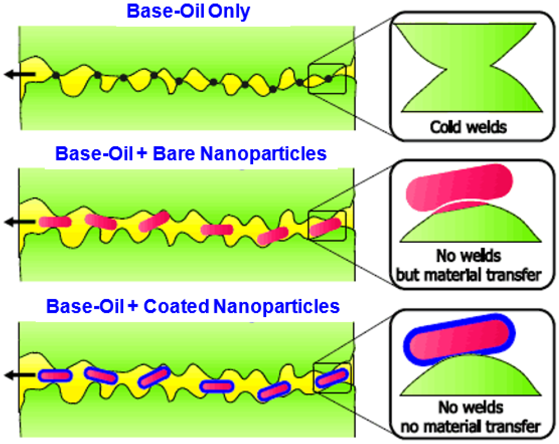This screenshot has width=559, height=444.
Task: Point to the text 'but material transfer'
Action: point(469,275)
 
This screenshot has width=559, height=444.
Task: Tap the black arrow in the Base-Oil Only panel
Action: point(20,74)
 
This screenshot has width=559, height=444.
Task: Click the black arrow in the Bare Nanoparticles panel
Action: point(20,222)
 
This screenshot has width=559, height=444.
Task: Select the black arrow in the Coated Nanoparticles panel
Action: point(20,375)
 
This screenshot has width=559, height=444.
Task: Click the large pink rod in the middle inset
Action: point(459,188)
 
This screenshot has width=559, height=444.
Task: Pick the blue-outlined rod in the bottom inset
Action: point(459,339)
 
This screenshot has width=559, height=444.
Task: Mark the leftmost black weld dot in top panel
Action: point(56,76)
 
